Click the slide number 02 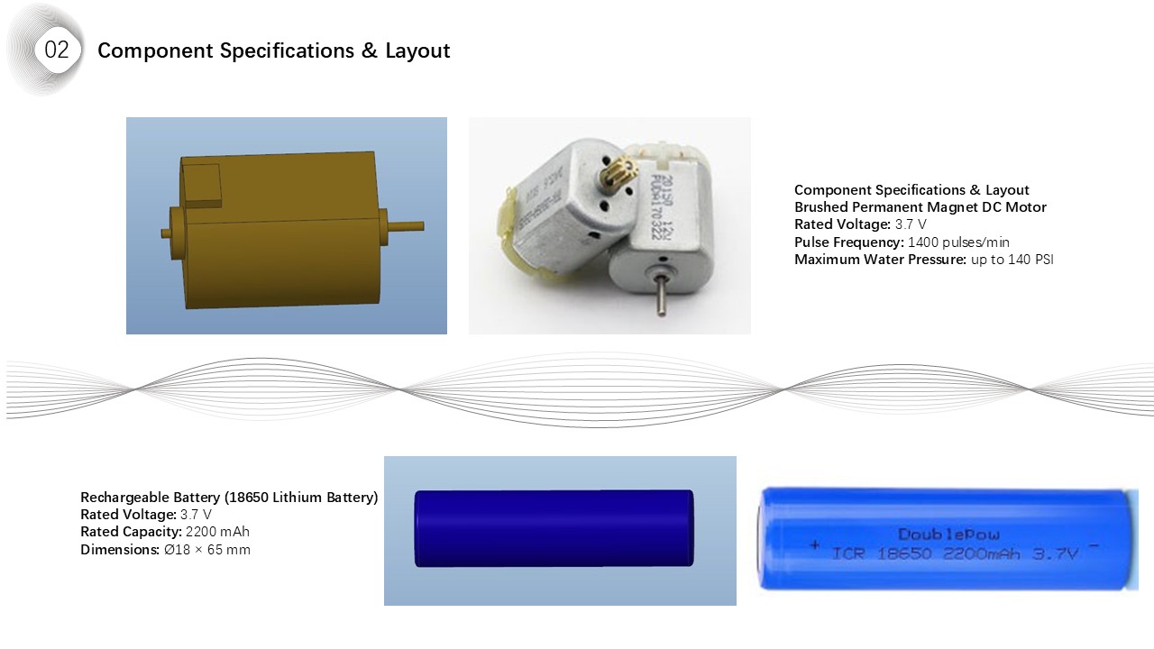(x=56, y=50)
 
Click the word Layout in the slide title (x=417, y=50)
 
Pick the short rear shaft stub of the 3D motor (x=167, y=233)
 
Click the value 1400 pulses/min (x=958, y=242)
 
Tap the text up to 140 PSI (x=1012, y=260)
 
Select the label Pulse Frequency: (x=848, y=242)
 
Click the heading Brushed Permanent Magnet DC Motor (x=920, y=207)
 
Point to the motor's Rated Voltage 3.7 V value (x=911, y=224)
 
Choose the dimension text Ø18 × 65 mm (x=206, y=549)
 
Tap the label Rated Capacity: (x=130, y=532)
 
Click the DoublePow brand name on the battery (x=948, y=535)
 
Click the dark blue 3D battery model (x=554, y=528)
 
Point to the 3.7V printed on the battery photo (x=1055, y=554)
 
